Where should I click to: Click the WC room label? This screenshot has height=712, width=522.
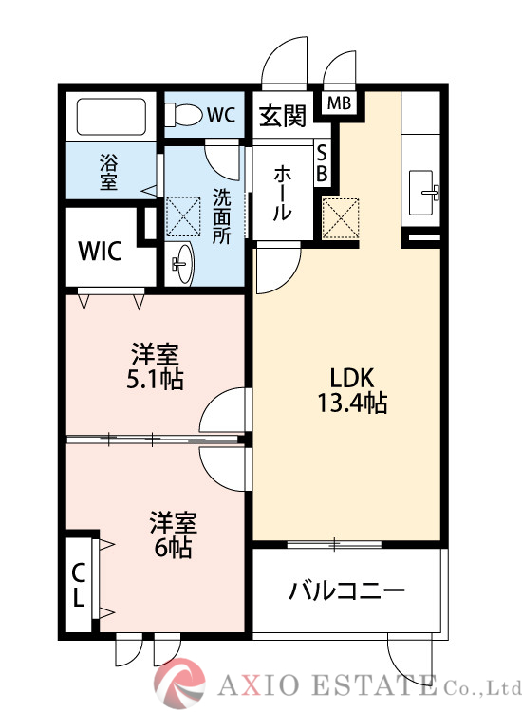click(220, 115)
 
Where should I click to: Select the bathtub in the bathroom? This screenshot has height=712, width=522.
click(109, 119)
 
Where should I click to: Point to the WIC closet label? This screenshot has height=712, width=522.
click(99, 252)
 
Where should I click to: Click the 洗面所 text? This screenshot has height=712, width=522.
click(220, 217)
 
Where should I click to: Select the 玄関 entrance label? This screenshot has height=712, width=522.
click(283, 116)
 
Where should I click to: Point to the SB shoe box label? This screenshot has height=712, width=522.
click(322, 163)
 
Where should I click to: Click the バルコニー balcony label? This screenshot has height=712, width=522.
click(346, 590)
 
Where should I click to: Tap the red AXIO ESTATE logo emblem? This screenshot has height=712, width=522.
click(180, 684)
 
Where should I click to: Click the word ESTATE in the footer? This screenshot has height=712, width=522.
click(375, 685)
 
